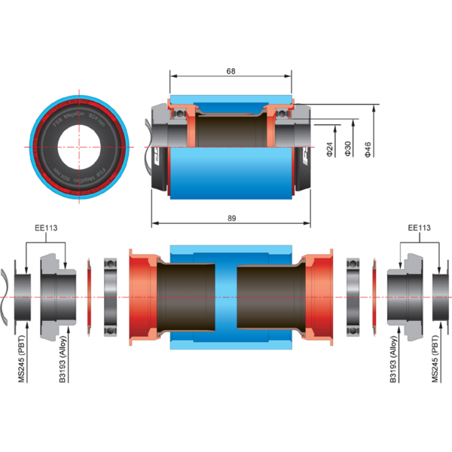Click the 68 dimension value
point(231,71)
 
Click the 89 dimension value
point(231,218)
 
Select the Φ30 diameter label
point(347,149)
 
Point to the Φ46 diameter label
point(367,149)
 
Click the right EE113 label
point(418,228)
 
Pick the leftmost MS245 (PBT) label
point(23,364)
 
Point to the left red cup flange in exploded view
point(140,296)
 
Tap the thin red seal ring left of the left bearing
point(90,296)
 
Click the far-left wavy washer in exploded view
point(7,296)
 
